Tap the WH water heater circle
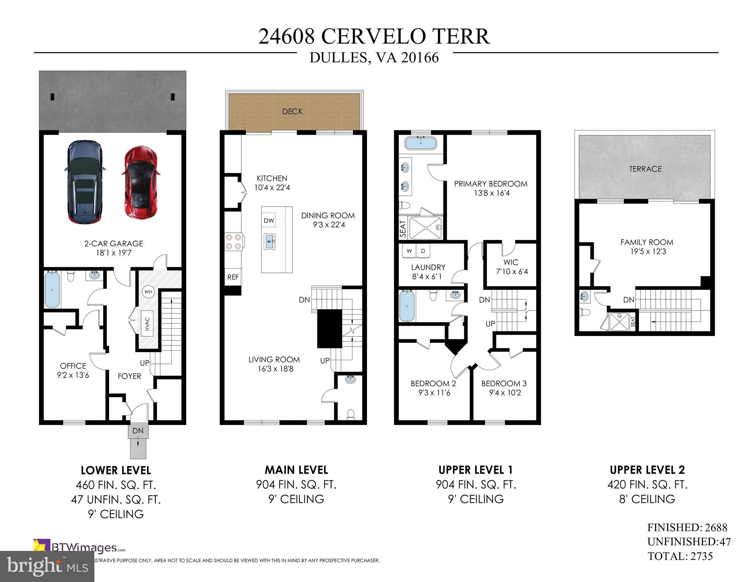[148, 292]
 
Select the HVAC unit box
[148, 324]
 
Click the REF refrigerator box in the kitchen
[233, 277]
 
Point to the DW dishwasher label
[269, 221]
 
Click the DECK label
[292, 111]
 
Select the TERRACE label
[645, 169]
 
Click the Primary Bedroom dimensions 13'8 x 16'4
[491, 193]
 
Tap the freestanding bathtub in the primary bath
[420, 143]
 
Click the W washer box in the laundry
[409, 251]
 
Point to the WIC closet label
[510, 262]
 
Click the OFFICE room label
[73, 366]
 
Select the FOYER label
[129, 376]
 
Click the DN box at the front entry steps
[138, 431]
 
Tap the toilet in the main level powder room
[351, 413]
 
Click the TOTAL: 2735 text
[680, 556]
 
